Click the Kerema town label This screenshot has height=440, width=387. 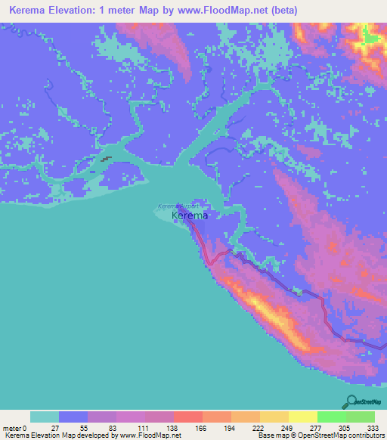click(190, 216)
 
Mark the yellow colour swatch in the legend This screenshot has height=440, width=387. click(302, 417)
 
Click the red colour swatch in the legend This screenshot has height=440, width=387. click(187, 417)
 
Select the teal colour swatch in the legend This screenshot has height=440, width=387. click(45, 417)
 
